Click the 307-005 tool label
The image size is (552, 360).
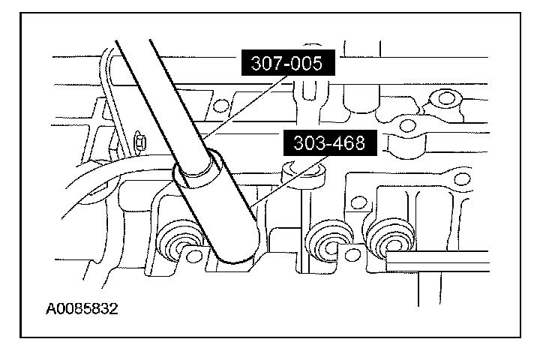pos(288,64)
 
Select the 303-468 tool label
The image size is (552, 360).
pos(325,142)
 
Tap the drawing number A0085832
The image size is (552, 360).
pos(82,307)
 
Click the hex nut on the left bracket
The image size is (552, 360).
pos(139,139)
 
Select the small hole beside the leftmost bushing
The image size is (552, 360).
pos(196,256)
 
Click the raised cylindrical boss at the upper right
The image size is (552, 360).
pos(448,97)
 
